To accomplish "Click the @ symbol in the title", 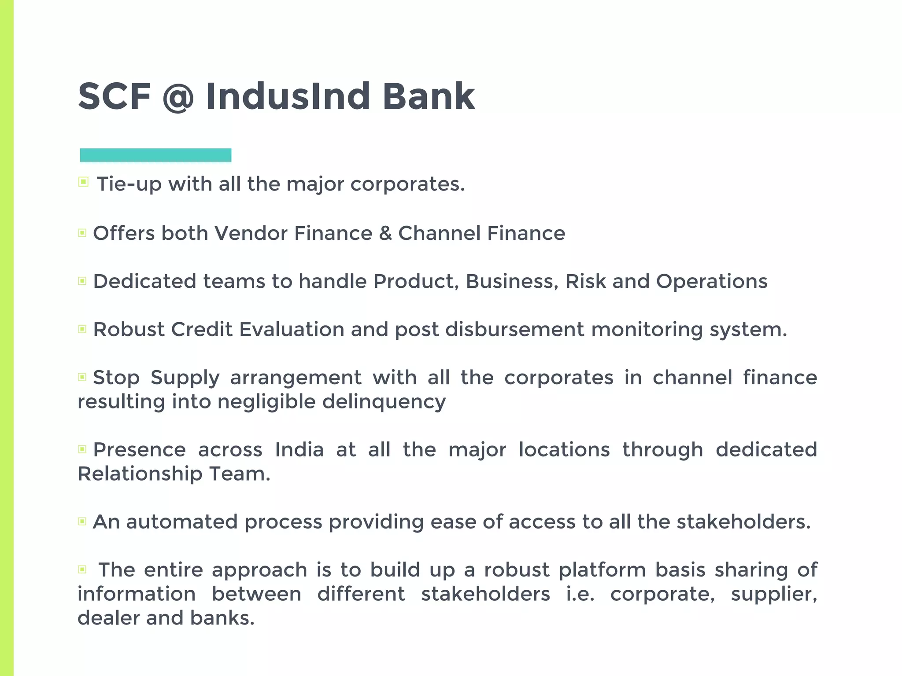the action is point(177,97).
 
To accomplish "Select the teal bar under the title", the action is point(155,155).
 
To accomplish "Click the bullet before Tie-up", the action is point(83,182).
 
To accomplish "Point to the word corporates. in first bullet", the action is point(407,184).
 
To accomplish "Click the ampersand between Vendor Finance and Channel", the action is point(385,233).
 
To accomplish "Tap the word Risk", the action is point(585,282).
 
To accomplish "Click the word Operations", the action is point(712,282).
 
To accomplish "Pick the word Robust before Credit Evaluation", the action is point(129,330).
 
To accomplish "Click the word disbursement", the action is point(514,330).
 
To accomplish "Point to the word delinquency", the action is point(384,402).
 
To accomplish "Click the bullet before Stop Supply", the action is point(82,377).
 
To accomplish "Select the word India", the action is point(299,450).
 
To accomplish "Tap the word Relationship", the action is point(140,474).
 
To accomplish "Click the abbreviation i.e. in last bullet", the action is point(580,594).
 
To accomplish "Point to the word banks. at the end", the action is point(222,618).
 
